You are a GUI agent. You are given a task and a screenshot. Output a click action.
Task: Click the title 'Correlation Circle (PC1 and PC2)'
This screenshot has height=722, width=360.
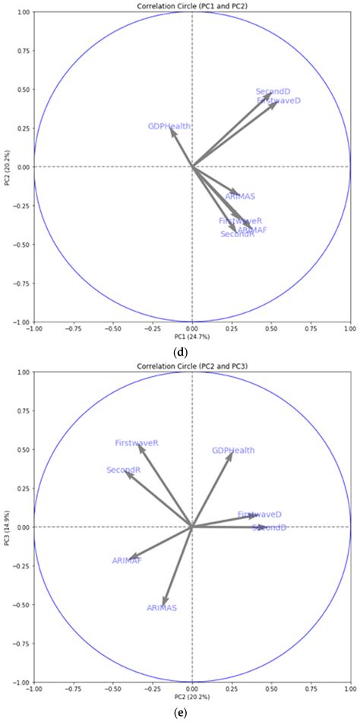[191, 6]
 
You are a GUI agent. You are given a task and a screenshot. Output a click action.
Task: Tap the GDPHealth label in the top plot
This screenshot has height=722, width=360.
[169, 127]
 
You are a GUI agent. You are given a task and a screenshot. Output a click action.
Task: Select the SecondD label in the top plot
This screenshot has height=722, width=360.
[273, 92]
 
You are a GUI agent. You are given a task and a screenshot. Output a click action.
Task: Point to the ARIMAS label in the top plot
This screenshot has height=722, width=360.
[240, 197]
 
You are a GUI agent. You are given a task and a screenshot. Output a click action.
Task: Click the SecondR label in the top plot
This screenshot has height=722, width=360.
[237, 235]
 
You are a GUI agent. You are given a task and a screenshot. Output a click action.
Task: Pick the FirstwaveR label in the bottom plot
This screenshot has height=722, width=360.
[137, 442]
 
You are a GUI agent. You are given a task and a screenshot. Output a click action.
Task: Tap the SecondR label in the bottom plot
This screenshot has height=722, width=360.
[124, 470]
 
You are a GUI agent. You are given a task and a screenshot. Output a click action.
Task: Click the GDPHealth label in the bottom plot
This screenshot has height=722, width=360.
[233, 451]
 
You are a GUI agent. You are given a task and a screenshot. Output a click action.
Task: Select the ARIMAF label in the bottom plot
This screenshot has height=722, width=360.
[127, 561]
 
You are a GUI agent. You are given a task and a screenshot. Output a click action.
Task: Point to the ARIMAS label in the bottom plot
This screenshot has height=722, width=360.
[162, 608]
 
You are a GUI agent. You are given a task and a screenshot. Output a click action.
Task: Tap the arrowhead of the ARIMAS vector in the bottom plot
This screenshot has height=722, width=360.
[164, 603]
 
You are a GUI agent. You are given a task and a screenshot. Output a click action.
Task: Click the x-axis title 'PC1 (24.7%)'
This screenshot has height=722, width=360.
[191, 336]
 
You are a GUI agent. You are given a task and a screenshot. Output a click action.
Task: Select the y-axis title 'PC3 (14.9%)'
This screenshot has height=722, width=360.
[6, 527]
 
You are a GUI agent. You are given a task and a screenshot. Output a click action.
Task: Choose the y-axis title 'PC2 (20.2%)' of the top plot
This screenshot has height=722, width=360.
[6, 167]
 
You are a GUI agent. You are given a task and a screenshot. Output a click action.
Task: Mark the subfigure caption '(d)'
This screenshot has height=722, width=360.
[181, 352]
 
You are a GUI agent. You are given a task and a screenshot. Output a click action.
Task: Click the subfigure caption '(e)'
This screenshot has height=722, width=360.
[181, 712]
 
